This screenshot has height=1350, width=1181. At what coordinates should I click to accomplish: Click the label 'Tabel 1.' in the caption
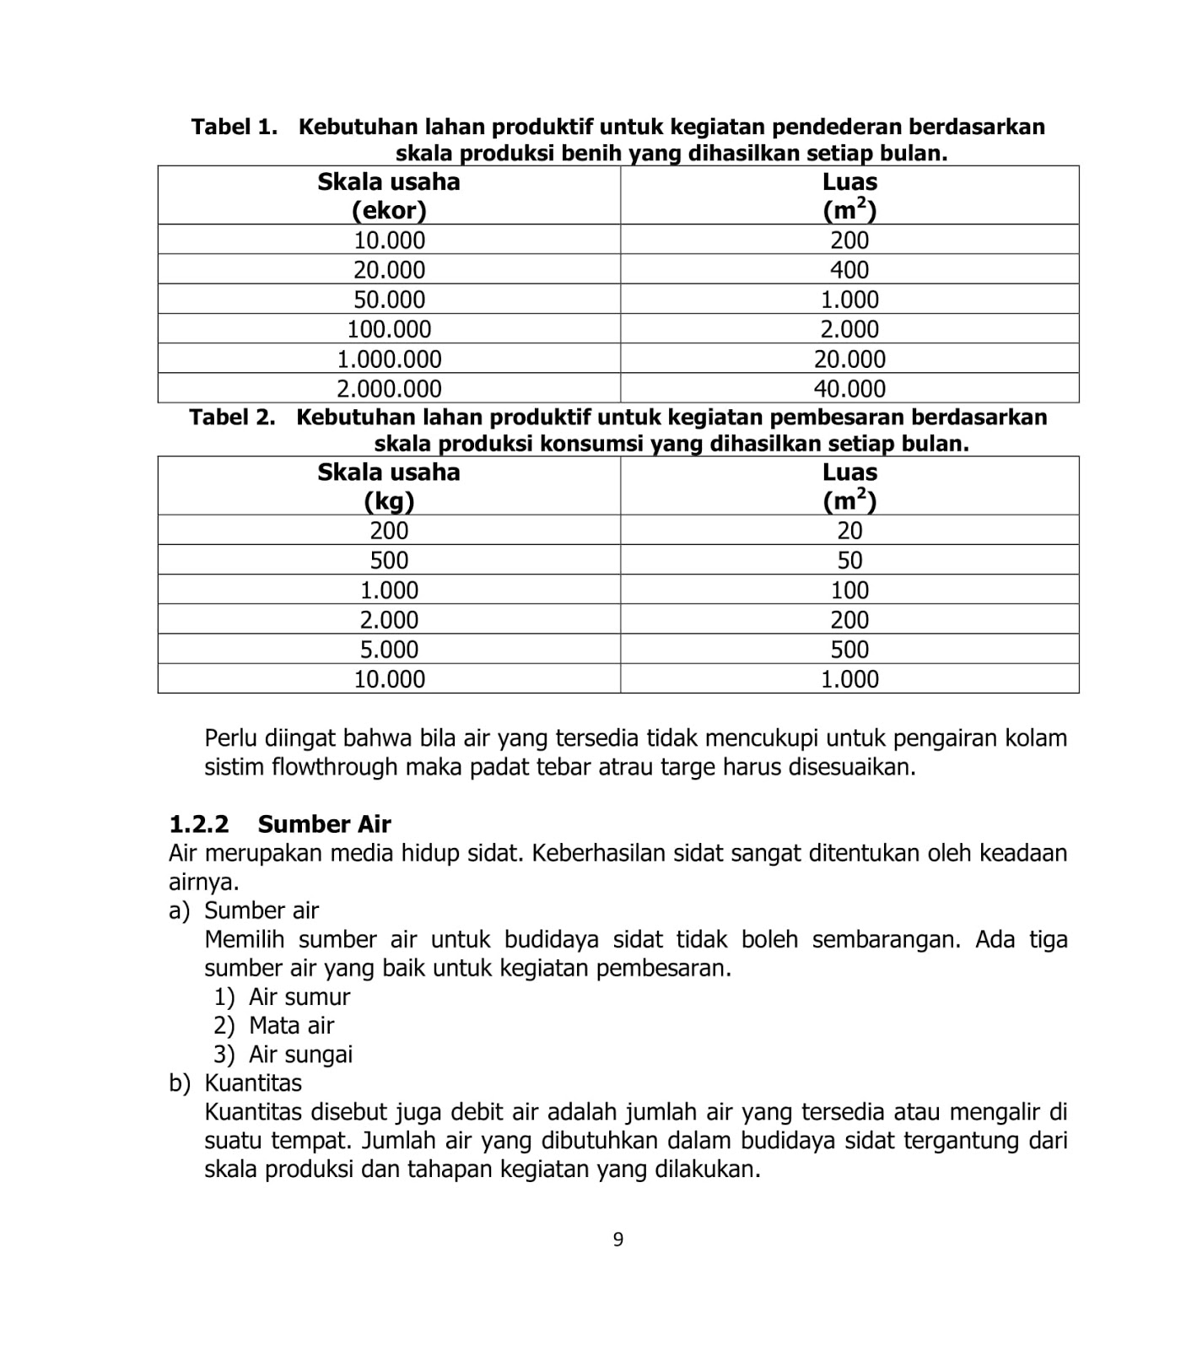tap(235, 127)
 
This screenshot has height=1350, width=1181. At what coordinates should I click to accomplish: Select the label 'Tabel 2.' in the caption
tap(233, 418)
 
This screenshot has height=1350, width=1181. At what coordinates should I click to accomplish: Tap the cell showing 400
tap(849, 270)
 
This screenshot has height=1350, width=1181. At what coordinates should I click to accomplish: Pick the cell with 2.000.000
tap(389, 389)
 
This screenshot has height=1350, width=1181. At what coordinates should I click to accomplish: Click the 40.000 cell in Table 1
tap(849, 389)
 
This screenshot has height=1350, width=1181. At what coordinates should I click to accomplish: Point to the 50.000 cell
tap(389, 300)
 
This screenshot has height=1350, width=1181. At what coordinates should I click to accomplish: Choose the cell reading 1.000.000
tap(389, 359)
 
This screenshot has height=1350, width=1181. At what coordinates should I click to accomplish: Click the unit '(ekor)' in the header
tap(389, 210)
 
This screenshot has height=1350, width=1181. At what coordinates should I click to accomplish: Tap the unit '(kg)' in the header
tap(389, 501)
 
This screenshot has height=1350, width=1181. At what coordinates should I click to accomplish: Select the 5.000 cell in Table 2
tap(389, 650)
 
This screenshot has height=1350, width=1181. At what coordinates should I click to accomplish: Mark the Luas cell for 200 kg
tap(849, 531)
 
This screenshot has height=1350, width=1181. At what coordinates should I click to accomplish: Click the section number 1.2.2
tap(199, 824)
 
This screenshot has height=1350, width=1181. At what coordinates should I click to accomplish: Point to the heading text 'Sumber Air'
tap(325, 824)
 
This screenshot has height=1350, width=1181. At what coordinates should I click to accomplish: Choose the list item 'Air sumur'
tap(299, 997)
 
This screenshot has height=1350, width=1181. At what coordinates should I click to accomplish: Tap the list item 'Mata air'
tap(292, 1026)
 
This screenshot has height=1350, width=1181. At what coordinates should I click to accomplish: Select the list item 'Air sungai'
tap(301, 1055)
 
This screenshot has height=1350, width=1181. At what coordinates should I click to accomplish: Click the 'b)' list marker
tap(180, 1083)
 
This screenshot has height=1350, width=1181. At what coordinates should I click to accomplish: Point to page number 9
tap(618, 1239)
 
